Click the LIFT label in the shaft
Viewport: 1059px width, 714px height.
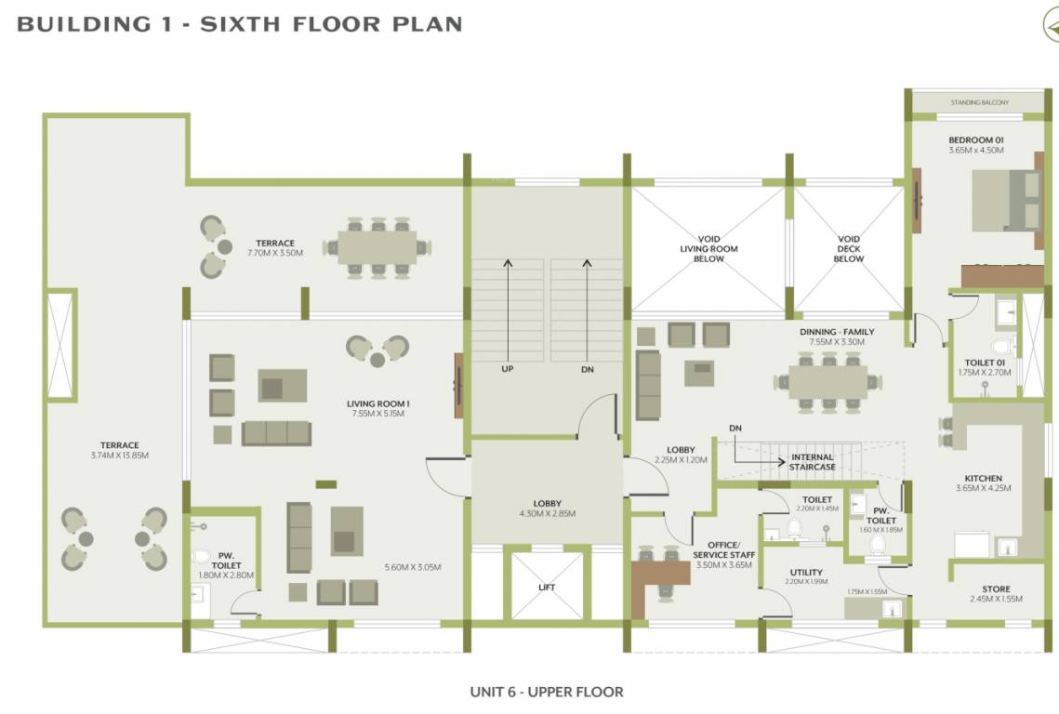(547, 587)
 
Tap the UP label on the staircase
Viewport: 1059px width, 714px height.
(508, 369)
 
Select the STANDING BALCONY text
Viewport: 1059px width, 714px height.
(979, 102)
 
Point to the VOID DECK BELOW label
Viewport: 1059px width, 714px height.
(848, 248)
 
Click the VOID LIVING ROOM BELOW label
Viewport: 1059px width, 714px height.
(708, 248)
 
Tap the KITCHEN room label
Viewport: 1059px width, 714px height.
(983, 479)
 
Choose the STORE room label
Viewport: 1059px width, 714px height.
(996, 589)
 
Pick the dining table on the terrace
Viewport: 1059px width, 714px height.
(377, 246)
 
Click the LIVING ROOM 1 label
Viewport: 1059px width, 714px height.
(378, 403)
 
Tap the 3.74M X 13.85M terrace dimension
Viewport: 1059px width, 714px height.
(113, 456)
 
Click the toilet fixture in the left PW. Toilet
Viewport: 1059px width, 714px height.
(201, 557)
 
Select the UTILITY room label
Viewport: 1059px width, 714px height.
(805, 573)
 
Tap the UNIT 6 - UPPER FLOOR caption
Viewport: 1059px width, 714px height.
(547, 692)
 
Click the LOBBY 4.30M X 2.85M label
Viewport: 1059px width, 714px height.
(547, 508)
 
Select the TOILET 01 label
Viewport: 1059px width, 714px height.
(983, 362)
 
